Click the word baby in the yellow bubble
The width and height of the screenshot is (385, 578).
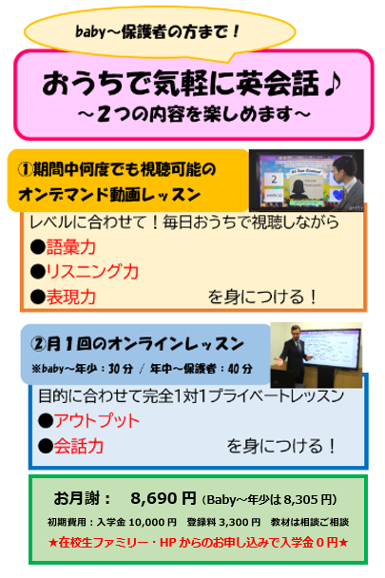[x=90, y=32]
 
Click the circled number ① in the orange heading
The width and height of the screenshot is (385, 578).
[x=25, y=169]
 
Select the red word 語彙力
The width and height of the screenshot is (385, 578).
[x=70, y=247]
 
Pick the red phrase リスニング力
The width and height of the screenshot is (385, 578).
[x=92, y=272]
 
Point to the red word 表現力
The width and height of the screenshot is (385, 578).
[x=70, y=297]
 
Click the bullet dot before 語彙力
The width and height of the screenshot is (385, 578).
[x=38, y=247]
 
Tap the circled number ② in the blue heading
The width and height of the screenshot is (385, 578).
[x=38, y=344]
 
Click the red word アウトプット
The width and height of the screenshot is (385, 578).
[x=97, y=420]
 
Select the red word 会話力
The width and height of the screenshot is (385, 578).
[x=79, y=446]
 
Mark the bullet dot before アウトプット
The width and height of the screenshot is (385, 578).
[x=46, y=420]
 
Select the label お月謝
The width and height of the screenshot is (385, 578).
[x=76, y=498]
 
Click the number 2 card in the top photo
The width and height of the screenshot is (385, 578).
[x=274, y=180]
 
